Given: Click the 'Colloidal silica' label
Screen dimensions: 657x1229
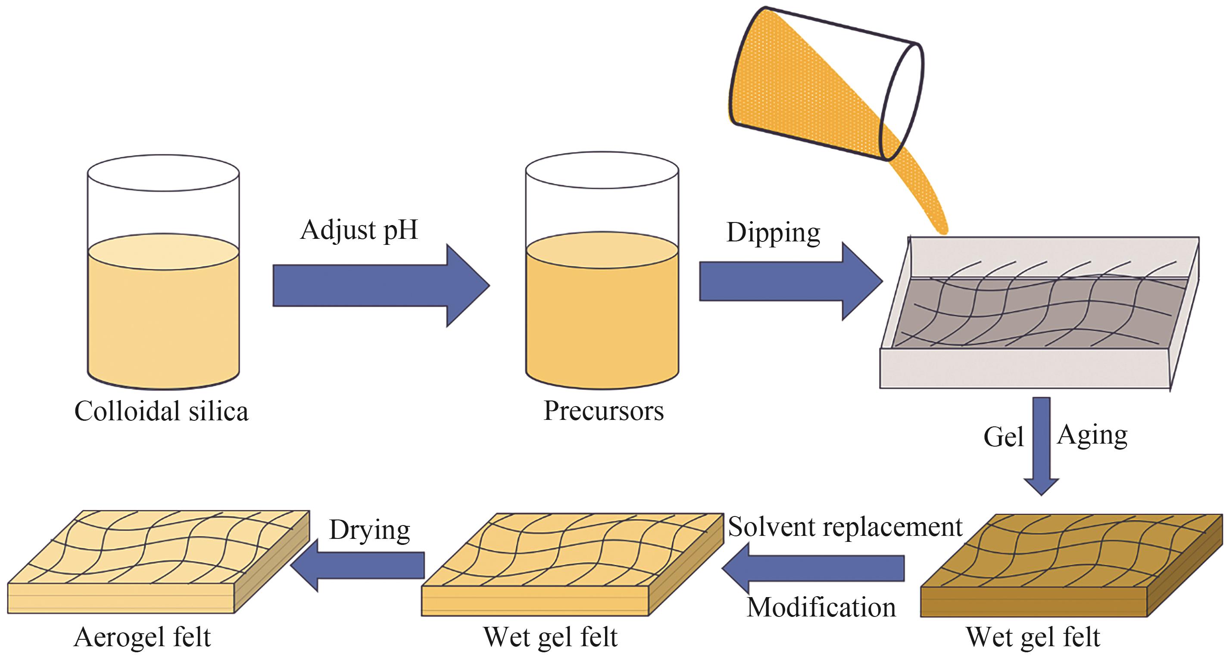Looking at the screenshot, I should tap(161, 411).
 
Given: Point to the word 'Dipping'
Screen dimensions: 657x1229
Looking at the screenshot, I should tap(773, 233).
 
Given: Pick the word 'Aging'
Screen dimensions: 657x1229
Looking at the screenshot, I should tap(1092, 435).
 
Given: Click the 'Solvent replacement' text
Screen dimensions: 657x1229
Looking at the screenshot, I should tap(845, 527).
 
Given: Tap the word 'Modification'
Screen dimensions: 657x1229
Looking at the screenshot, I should tap(821, 607).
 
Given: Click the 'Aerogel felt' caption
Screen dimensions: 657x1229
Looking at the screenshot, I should tap(142, 637).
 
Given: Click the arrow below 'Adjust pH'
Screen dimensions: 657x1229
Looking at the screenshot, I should tap(381, 286).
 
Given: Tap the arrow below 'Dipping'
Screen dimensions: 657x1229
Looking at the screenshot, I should tap(791, 281).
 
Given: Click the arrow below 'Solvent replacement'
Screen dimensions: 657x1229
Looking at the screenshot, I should tap(814, 568).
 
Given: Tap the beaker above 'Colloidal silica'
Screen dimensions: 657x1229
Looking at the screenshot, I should tap(163, 272).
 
